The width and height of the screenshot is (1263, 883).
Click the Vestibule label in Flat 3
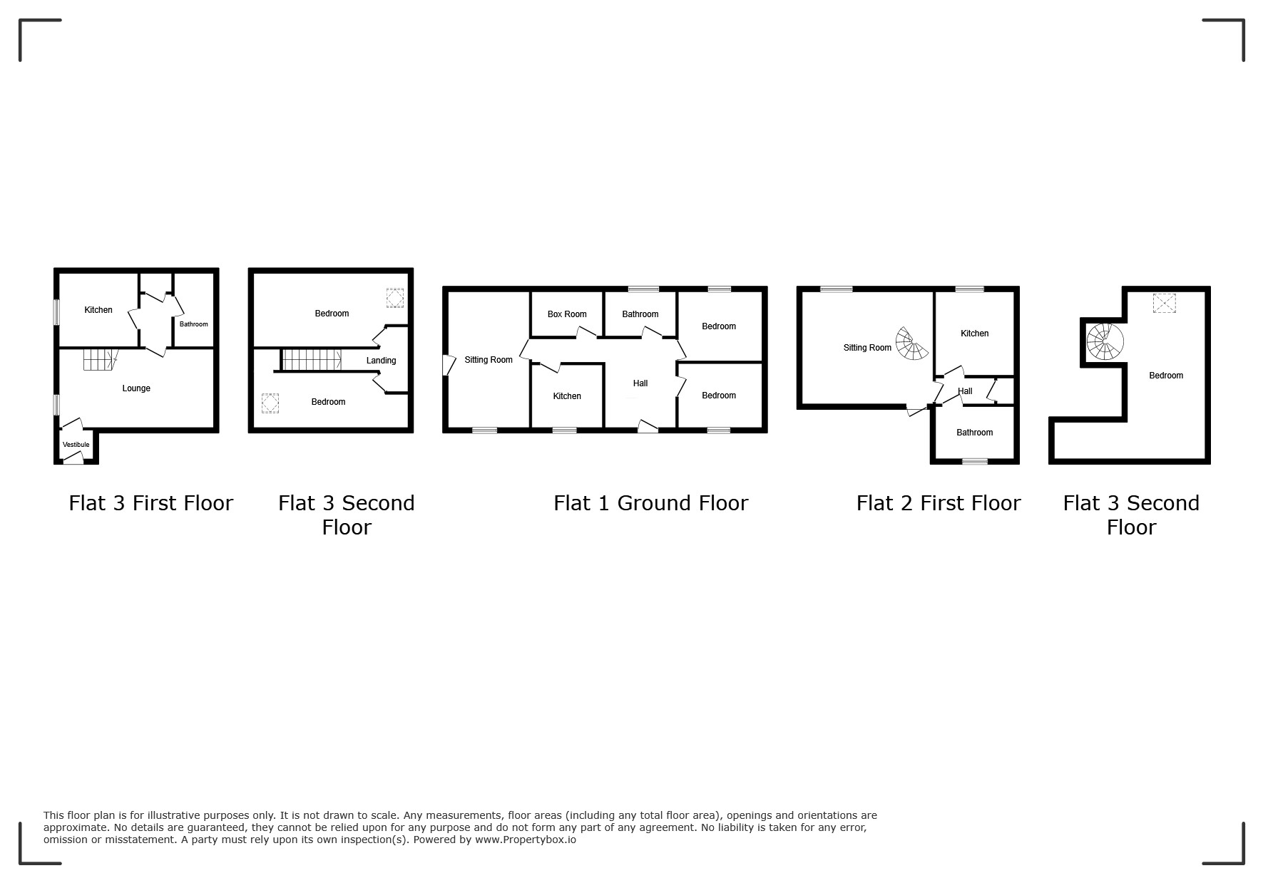(76, 445)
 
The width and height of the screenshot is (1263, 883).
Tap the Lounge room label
(136, 388)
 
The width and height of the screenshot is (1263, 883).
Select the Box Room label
(567, 314)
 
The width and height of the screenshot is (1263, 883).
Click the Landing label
(381, 361)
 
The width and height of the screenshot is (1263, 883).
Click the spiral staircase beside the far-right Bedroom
(1104, 342)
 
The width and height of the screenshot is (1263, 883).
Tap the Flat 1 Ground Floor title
(650, 503)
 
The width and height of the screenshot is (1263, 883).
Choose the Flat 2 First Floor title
(939, 503)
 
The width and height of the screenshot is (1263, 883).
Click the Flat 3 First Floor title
(151, 503)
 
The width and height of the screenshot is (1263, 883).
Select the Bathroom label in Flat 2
(974, 433)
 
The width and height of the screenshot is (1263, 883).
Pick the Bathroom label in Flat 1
(640, 314)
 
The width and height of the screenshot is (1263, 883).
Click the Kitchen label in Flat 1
(567, 396)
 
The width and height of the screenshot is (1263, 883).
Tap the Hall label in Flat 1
(640, 383)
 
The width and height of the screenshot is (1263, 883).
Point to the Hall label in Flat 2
(965, 391)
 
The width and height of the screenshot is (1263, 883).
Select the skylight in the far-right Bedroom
(1164, 304)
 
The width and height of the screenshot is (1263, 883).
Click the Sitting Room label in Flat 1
(489, 360)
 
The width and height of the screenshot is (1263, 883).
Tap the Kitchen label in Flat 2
(974, 334)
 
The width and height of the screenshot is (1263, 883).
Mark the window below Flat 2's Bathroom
(975, 462)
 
